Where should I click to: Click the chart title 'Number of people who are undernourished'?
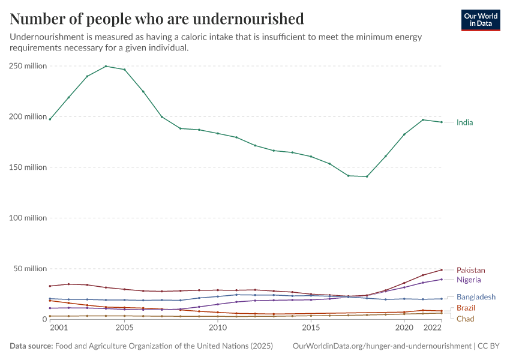(x=157, y=19)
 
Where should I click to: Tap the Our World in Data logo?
(x=480, y=20)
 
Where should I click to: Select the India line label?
(x=464, y=122)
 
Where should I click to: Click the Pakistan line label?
(x=470, y=270)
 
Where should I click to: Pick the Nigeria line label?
(x=469, y=280)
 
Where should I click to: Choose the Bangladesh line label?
(x=476, y=297)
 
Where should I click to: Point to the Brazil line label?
(x=466, y=308)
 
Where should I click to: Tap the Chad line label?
(x=465, y=319)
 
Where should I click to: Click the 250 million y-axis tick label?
(x=28, y=66)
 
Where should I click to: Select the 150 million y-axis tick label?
(x=28, y=167)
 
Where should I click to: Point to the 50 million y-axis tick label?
(x=30, y=268)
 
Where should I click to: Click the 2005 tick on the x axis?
(x=124, y=328)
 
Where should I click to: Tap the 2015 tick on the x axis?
(x=311, y=328)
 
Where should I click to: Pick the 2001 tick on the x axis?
(x=59, y=328)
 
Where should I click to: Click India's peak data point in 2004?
(x=106, y=66)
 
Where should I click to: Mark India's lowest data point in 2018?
(x=367, y=176)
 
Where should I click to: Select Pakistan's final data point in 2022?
(x=442, y=269)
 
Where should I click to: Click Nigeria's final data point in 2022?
(x=442, y=279)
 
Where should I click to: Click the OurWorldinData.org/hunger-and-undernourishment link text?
(x=382, y=346)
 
